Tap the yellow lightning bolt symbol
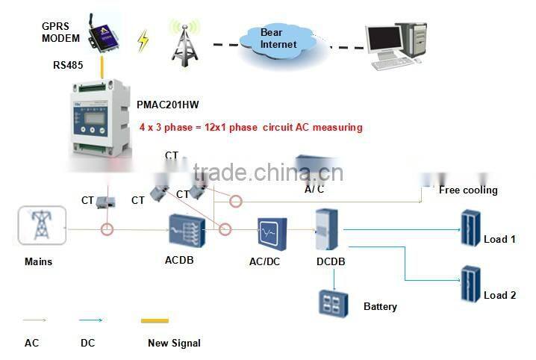pyautogui.click(x=143, y=40)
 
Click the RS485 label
pyautogui.click(x=66, y=64)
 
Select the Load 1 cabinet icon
pyautogui.click(x=469, y=229)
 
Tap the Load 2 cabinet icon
pyautogui.click(x=469, y=284)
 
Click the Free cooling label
pyautogui.click(x=467, y=190)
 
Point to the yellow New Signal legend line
pyautogui.click(x=159, y=321)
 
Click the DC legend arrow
pyautogui.click(x=90, y=321)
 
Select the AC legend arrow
pyautogui.click(x=34, y=321)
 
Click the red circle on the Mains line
pyautogui.click(x=107, y=229)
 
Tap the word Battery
pyautogui.click(x=380, y=306)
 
